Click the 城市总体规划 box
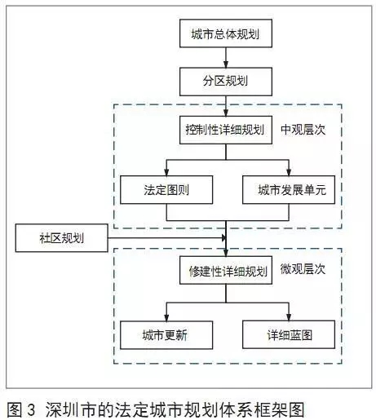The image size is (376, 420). point(226,33)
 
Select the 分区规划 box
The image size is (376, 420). point(226,82)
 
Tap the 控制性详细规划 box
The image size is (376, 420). point(226,130)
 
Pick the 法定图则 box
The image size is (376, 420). point(166,190)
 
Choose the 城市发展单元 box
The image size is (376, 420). point(289,190)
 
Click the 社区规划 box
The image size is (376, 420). point(62,238)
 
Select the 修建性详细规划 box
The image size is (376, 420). point(226,270)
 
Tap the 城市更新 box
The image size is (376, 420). point(166,335)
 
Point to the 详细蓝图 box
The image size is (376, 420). point(289,335)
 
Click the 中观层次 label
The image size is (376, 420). point(303,130)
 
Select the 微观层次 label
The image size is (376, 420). point(303,269)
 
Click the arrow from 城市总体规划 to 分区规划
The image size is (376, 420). point(226,58)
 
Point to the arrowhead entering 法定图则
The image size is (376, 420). point(166,172)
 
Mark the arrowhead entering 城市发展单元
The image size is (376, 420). point(289,172)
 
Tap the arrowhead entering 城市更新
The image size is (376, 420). point(166,317)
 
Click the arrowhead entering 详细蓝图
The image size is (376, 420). point(289,317)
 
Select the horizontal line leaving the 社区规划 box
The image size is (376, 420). point(166,238)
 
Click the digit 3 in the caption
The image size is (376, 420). point(31,410)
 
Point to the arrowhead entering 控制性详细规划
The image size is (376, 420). point(226,113)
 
